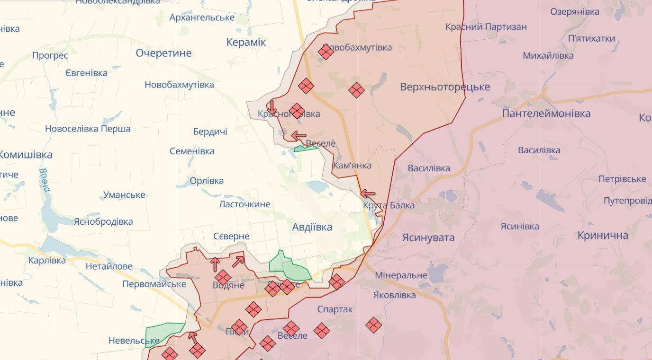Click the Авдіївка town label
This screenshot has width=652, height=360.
[x=312, y=227]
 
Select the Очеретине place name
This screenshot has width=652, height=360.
[x=163, y=53]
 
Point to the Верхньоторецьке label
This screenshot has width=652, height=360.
[x=445, y=87]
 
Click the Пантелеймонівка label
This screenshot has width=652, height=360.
[x=546, y=114]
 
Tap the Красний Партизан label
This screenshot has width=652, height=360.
[x=486, y=26]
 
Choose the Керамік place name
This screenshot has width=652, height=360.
[x=246, y=43]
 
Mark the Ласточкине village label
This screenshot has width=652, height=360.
[x=244, y=204]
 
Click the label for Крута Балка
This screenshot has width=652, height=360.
[x=389, y=205]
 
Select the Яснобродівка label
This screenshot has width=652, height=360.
[x=103, y=221]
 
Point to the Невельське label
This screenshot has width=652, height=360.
[x=127, y=341]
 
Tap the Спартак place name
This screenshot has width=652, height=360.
[x=335, y=309]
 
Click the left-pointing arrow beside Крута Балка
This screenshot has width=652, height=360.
[x=368, y=193]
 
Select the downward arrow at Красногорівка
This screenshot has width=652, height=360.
[x=272, y=107]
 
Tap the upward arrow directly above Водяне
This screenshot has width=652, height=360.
[x=215, y=264]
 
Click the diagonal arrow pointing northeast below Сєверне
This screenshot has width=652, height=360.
[x=238, y=261]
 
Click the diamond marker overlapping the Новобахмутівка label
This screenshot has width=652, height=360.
[x=326, y=51]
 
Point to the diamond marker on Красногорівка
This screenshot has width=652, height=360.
[x=297, y=111]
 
